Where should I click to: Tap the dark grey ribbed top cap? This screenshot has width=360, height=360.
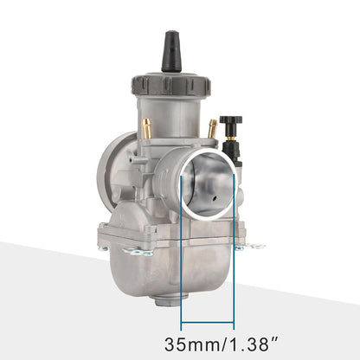coord(170,87)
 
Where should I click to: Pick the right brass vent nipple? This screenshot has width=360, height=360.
coord(211,129)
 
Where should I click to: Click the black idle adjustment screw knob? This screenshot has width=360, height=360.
coord(230,123)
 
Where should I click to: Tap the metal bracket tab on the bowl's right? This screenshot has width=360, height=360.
coord(254,246)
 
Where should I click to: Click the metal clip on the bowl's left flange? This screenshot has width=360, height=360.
coord(137,251)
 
